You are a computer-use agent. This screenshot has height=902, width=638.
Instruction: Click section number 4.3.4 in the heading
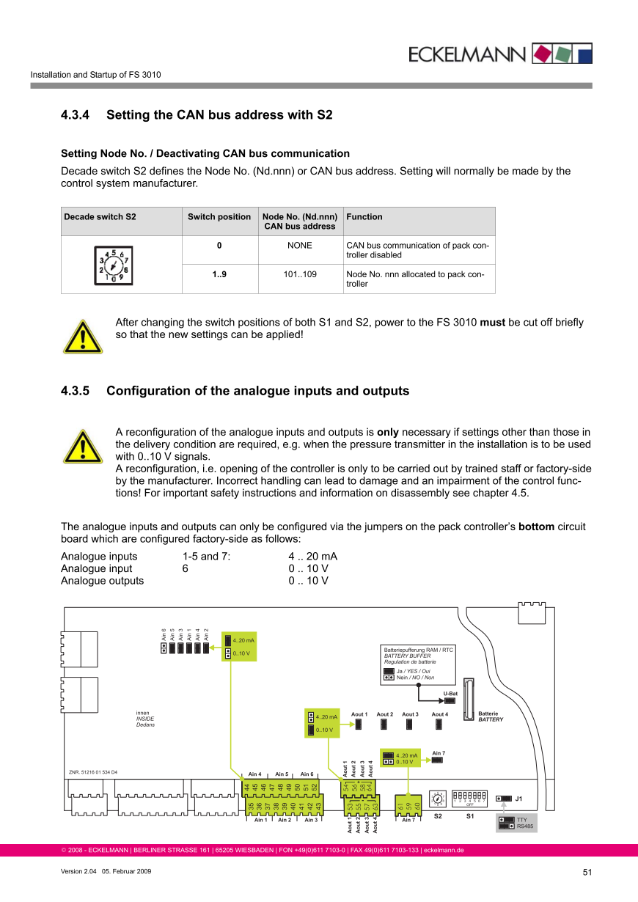pos(75,115)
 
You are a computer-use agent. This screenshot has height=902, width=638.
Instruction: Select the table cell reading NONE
pos(299,246)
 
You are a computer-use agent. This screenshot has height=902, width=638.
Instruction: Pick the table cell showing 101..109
pos(299,274)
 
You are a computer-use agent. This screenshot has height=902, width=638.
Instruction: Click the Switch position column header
pos(219,217)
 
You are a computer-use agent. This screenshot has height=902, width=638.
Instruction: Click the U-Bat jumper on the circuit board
pos(450,700)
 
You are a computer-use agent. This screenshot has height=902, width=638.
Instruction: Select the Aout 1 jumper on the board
pos(359,725)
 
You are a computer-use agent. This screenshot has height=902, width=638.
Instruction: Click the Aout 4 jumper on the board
pos(439,725)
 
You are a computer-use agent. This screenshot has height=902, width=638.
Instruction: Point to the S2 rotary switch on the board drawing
pos(438,798)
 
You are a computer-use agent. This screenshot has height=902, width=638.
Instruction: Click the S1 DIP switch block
pos(470,795)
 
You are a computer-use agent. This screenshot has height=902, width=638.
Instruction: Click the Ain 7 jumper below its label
pos(437,760)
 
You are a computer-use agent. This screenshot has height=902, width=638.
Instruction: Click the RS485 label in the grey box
pos(526,826)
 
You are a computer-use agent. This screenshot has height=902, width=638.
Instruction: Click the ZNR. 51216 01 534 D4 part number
pos(93,772)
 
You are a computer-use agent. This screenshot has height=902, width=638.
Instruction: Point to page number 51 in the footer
pos(587,872)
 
